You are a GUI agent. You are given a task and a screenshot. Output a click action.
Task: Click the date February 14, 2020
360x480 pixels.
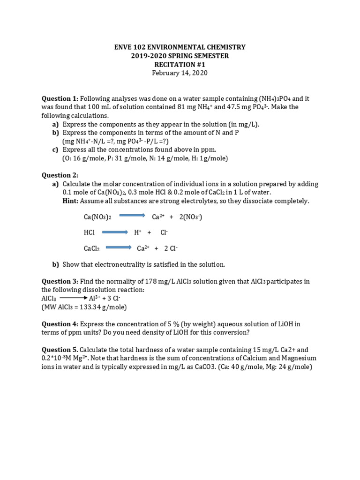pyautogui.click(x=180, y=73)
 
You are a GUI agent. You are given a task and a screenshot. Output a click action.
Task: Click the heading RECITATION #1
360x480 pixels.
pyautogui.click(x=180, y=64)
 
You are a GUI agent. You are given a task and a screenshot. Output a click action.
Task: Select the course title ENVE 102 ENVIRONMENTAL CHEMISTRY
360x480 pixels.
pyautogui.click(x=180, y=47)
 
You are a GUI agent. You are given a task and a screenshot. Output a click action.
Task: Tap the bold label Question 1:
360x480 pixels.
pyautogui.click(x=60, y=98)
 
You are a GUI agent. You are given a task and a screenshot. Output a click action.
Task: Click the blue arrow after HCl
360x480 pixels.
pyautogui.click(x=115, y=232)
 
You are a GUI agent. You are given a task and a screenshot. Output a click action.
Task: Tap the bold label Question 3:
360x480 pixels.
pyautogui.click(x=60, y=281)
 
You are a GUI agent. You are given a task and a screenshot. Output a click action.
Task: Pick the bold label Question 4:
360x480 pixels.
pyautogui.click(x=60, y=324)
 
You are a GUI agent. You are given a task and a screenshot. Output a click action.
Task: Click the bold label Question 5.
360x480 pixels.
pyautogui.click(x=60, y=350)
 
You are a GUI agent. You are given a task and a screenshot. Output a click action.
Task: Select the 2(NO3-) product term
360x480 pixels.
pyautogui.click(x=190, y=217)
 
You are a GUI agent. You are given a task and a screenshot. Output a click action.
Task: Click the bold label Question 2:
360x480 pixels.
pyautogui.click(x=60, y=175)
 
